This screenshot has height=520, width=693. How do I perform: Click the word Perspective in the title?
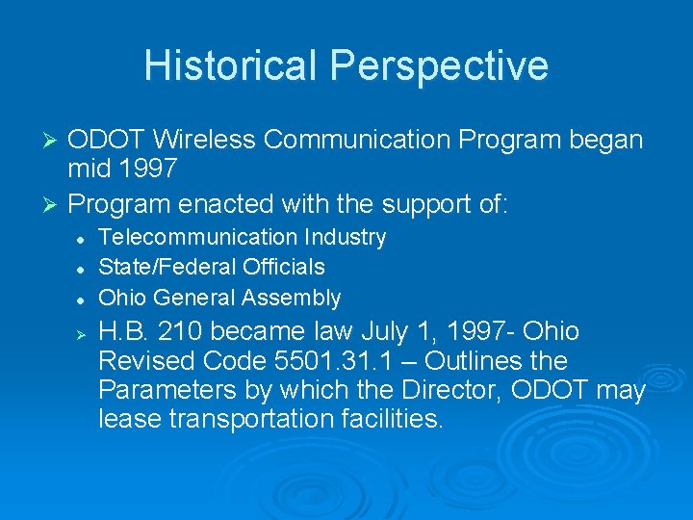point(440,65)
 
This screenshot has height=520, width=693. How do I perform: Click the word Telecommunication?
point(199,237)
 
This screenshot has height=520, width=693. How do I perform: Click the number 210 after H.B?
point(179,332)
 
